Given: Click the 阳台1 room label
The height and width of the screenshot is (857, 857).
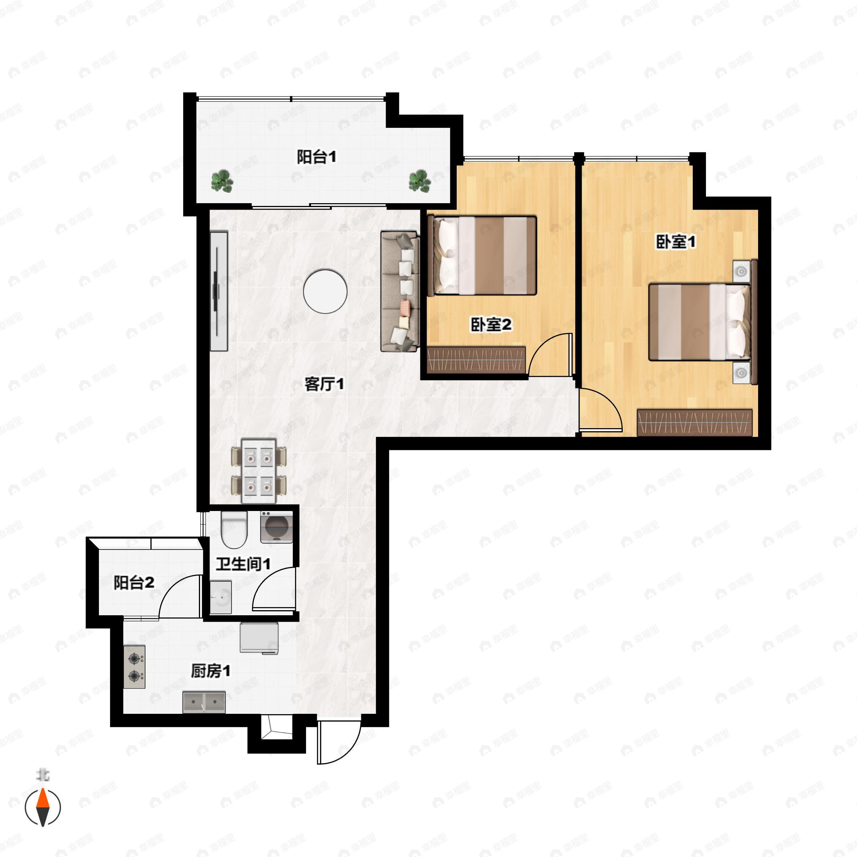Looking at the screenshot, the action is (x=316, y=157).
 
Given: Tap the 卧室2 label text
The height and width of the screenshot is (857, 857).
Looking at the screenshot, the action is (x=491, y=325).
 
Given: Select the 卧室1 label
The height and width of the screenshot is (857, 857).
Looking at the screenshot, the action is (x=676, y=242).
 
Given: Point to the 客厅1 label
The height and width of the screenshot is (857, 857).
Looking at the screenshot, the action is (x=324, y=384).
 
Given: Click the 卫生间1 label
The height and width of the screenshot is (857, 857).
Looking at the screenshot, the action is (x=243, y=564).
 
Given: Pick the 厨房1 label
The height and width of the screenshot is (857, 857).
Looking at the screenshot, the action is (x=211, y=671).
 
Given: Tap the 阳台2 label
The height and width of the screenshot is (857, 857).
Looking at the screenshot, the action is (x=134, y=582).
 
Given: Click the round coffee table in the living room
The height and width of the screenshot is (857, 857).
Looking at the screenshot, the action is (x=325, y=291).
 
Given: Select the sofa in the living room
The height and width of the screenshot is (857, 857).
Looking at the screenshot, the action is (x=400, y=291).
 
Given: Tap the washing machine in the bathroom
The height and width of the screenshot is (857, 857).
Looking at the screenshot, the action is (x=276, y=527).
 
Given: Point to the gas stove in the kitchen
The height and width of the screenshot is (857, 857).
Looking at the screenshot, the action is (x=134, y=667).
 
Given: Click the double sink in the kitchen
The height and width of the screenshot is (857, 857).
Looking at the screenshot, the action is (x=204, y=702).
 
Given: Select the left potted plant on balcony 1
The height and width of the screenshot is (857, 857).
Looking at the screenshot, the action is (x=222, y=181).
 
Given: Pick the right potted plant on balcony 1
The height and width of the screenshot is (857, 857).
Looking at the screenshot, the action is (x=420, y=181).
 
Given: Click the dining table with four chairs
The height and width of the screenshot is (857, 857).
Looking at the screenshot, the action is (x=259, y=471).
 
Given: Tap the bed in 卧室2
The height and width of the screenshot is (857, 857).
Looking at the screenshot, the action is (x=482, y=256).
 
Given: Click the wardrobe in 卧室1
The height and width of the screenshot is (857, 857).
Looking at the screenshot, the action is (x=695, y=423).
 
